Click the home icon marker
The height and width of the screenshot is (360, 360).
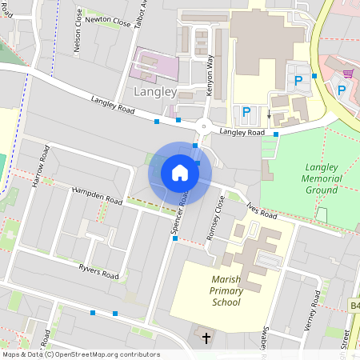coord(180,173)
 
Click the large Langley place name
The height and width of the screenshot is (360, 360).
coord(154,92)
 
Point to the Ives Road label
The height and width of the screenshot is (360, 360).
coord(261,210)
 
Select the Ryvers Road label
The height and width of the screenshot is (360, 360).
coord(98,272)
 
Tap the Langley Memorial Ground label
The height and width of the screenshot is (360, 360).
coord(322,179)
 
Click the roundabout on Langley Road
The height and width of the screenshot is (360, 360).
coord(203,126)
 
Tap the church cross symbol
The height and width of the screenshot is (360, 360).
coord(206,338)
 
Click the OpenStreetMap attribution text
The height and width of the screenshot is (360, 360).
coord(81,354)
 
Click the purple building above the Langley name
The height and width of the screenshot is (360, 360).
coord(156,65)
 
